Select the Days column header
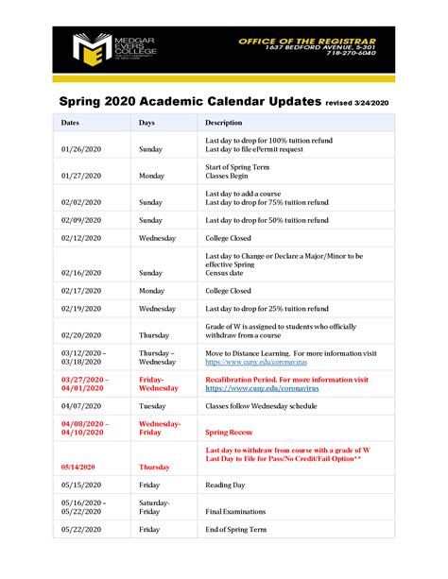click(146, 123)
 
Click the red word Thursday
click(155, 467)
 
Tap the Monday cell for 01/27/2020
click(152, 176)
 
